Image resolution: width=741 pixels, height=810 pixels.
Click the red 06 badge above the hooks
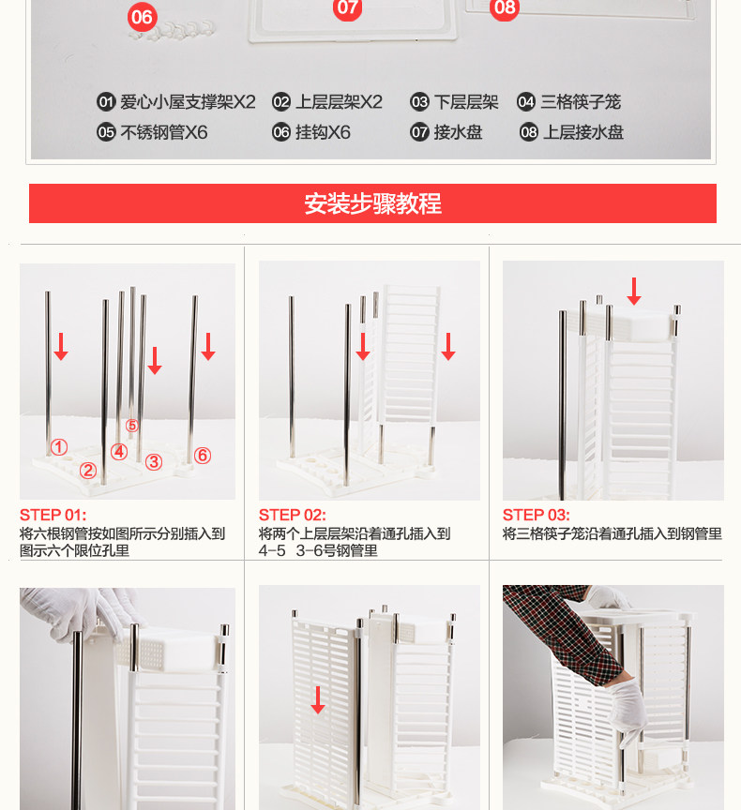[142, 17]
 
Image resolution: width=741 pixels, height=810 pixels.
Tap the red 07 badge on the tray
[347, 7]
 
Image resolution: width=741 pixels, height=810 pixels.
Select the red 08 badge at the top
[505, 7]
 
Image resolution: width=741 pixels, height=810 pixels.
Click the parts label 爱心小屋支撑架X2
[189, 102]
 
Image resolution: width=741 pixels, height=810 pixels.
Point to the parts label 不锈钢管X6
[164, 132]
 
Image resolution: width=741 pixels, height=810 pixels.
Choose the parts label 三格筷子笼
[581, 102]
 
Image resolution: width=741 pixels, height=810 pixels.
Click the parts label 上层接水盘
[583, 132]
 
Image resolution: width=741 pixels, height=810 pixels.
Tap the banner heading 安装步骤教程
[372, 203]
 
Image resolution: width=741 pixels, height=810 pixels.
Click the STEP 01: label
[53, 515]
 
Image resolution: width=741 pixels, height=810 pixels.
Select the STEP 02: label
[292, 515]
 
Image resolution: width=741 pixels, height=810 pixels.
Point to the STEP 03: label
[536, 515]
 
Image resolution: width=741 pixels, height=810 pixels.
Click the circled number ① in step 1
[59, 447]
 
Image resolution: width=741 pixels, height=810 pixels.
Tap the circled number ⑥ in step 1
[203, 455]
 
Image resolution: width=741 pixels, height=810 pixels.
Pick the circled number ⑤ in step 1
[132, 425]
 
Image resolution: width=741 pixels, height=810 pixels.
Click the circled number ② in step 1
[88, 470]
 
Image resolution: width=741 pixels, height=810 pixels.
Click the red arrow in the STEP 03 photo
[634, 291]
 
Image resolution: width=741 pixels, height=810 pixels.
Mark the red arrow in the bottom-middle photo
[318, 699]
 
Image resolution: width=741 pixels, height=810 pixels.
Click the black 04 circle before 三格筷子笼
[525, 102]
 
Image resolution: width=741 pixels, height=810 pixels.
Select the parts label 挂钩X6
[323, 132]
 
